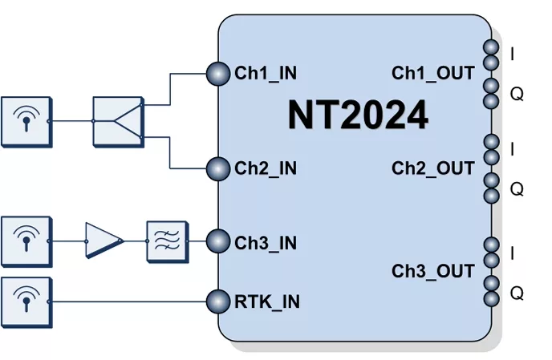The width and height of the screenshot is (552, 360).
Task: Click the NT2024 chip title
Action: point(358,117)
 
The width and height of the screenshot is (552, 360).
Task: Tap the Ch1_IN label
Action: point(266,74)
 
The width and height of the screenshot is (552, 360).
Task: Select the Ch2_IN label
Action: point(266,168)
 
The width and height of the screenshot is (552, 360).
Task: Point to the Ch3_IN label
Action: point(266,241)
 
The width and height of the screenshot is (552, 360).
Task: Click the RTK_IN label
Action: point(267,302)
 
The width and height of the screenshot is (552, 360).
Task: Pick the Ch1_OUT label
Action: point(433,74)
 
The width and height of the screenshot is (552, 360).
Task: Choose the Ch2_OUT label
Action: point(433,168)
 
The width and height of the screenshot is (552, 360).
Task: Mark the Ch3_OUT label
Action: point(433,271)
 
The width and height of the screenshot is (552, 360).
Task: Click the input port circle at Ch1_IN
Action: point(218,74)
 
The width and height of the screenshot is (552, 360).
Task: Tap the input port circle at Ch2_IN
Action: point(218,168)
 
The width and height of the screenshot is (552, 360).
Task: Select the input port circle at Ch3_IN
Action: point(218,241)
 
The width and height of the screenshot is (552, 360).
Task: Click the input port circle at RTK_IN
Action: point(218,301)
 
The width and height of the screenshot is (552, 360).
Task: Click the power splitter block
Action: point(117,122)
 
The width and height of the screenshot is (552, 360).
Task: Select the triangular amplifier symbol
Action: point(103,240)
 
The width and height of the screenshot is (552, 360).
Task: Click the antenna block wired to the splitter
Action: point(26,122)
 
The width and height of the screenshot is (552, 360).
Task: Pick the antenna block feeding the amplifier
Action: point(26,240)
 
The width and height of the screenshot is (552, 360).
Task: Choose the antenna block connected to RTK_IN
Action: point(26,301)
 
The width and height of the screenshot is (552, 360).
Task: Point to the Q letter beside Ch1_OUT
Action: point(517,94)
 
